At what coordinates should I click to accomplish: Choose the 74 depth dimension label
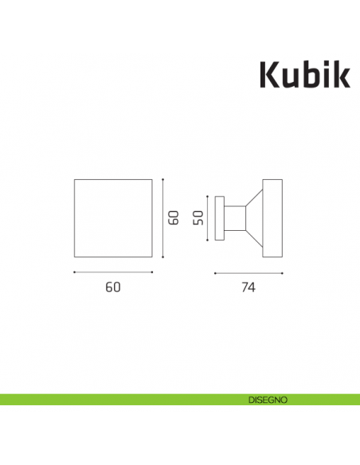[248, 288]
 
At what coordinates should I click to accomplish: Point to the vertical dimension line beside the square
[162, 217]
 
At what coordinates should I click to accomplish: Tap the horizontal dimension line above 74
[248, 272]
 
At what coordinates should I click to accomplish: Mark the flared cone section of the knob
[254, 217]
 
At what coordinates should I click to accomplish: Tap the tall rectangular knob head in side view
[272, 217]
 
